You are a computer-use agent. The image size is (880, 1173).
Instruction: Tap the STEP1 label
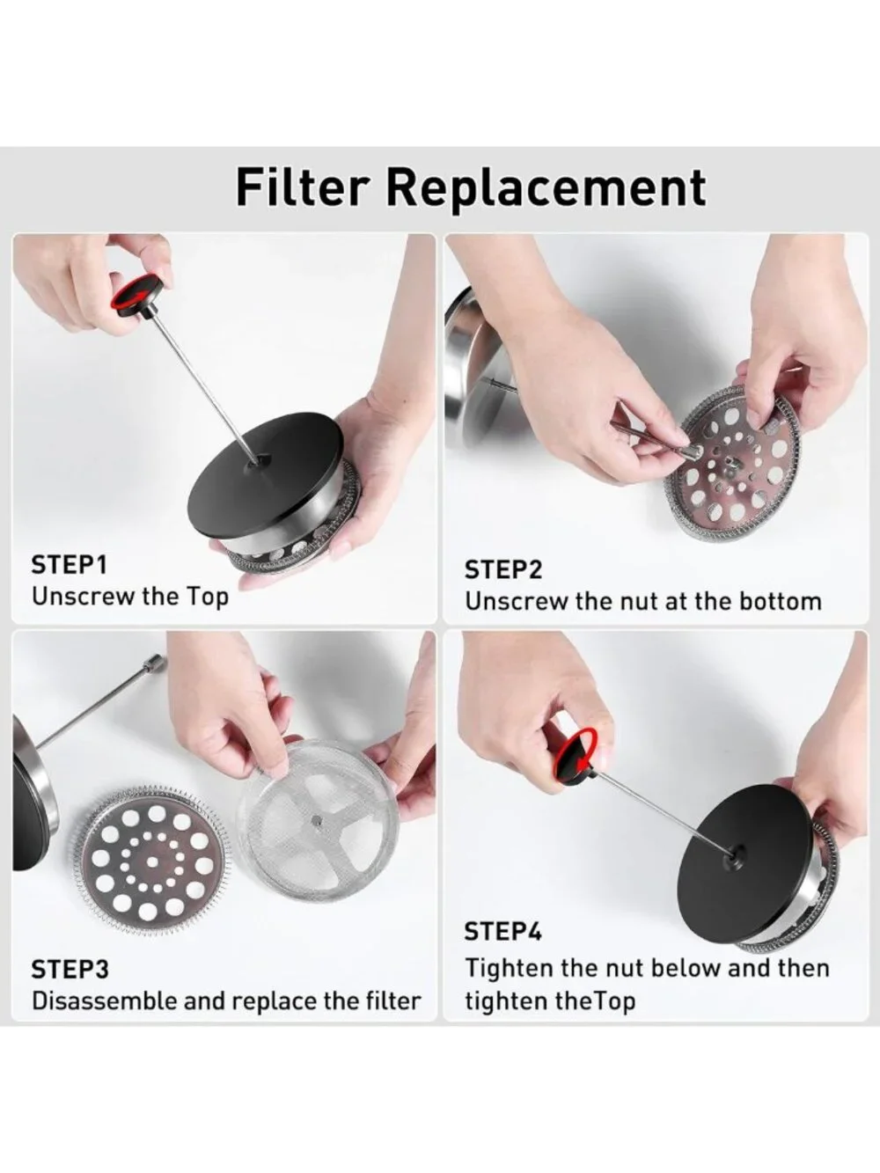point(69,566)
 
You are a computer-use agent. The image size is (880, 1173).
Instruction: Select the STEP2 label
point(502,569)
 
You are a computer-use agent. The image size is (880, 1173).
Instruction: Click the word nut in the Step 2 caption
point(639,602)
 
